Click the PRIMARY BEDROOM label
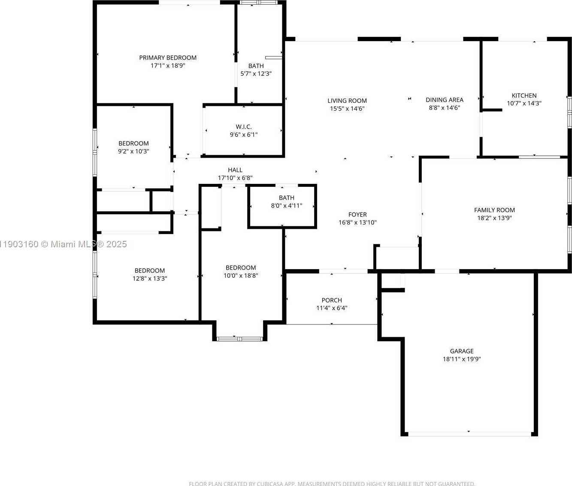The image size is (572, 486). (168, 57)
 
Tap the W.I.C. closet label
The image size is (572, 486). (244, 127)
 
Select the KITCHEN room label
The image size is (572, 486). (524, 96)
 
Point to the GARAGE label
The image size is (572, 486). (462, 351)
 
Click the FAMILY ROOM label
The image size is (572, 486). (494, 210)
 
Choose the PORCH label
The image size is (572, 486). (332, 300)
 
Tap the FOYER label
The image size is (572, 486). (357, 215)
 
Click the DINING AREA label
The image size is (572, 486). (444, 100)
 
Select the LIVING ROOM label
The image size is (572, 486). (347, 101)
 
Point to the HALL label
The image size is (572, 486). (235, 170)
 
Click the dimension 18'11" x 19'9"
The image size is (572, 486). (462, 359)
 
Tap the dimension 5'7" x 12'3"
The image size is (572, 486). (256, 74)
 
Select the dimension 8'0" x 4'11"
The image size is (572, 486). (287, 206)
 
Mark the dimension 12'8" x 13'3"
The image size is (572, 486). (150, 279)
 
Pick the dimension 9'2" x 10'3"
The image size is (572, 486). (133, 151)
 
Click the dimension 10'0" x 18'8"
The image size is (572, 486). (241, 276)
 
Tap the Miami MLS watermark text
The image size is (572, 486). (64, 244)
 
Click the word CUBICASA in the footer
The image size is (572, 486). (271, 484)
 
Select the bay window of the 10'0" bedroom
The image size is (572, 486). (240, 339)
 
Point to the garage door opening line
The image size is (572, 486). (469, 434)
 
